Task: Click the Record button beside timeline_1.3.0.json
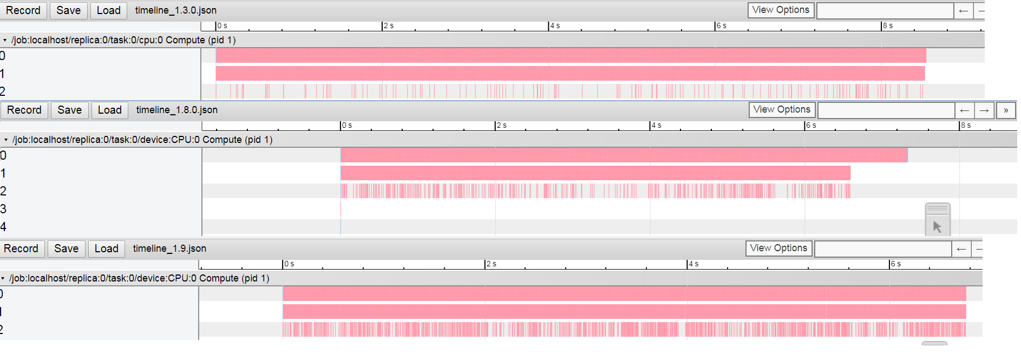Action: (x=23, y=10)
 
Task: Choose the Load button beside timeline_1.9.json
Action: (x=106, y=248)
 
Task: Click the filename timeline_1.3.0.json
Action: (x=175, y=10)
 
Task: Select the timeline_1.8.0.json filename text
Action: (x=176, y=110)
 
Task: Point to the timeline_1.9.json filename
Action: (x=169, y=248)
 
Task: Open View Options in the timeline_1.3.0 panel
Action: (x=780, y=10)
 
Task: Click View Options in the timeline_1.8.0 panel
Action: (x=781, y=110)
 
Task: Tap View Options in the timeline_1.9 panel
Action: (x=778, y=248)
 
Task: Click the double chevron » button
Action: (x=1005, y=110)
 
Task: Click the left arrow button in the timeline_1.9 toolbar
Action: (x=961, y=249)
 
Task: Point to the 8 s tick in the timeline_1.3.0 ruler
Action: (x=887, y=26)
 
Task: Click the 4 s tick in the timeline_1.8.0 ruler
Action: (x=656, y=126)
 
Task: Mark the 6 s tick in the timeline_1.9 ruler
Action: (x=895, y=264)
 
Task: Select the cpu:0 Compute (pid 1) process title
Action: (x=123, y=40)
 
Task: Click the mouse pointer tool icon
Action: (x=937, y=227)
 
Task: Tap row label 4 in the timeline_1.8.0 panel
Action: (x=3, y=227)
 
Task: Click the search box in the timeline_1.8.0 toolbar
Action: (x=886, y=110)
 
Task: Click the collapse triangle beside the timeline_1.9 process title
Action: (x=3, y=279)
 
